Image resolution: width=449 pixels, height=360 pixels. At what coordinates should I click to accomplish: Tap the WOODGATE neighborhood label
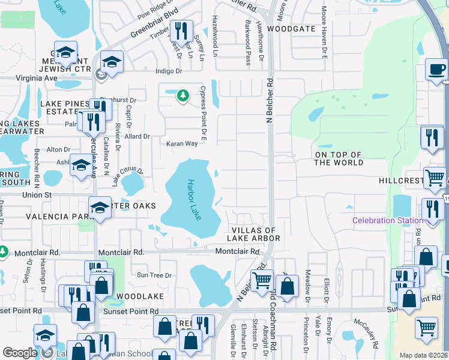[291, 28]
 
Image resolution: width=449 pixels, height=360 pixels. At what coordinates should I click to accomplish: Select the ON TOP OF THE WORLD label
[339, 158]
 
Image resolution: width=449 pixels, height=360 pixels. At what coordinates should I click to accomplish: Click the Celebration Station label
[387, 220]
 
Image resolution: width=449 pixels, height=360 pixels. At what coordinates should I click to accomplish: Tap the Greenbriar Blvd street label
[141, 27]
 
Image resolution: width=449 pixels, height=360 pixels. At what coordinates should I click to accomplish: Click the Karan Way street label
[182, 143]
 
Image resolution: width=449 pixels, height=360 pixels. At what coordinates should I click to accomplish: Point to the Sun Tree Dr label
[155, 275]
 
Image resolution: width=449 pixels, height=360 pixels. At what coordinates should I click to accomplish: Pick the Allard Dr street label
[137, 136]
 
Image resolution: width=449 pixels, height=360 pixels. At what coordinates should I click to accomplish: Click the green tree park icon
[182, 95]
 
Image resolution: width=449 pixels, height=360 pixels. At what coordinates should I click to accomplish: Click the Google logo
[20, 353]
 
